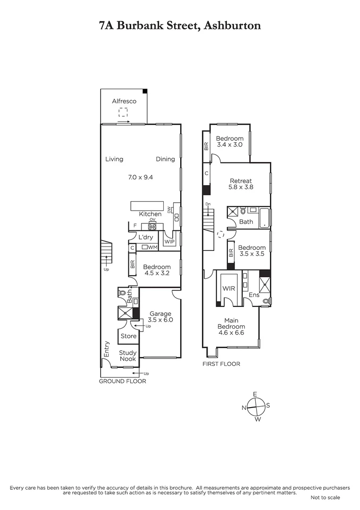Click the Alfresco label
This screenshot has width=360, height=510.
[124, 101]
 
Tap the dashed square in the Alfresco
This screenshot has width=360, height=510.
[123, 112]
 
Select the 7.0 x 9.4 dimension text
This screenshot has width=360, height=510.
[141, 177]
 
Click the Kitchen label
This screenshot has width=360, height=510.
[150, 214]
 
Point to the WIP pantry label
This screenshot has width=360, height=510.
[169, 241]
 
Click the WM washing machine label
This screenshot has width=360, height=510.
[152, 247]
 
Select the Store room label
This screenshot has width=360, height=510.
[128, 336]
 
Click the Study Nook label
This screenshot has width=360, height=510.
[127, 356]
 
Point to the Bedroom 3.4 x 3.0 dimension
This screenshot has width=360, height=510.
[229, 145]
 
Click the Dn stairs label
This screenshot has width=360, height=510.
[208, 204]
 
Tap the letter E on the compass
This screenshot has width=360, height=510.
[255, 394]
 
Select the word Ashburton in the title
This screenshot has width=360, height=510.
[233, 25]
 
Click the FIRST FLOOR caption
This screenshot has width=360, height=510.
[221, 364]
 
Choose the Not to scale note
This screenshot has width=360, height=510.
[325, 497]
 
